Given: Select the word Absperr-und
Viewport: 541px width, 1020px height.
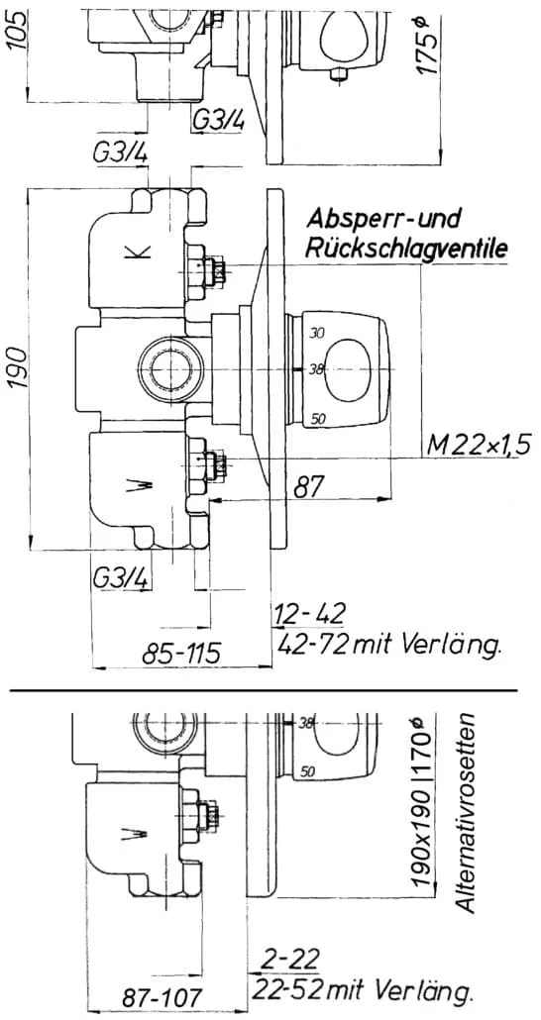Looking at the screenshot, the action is (x=384, y=219).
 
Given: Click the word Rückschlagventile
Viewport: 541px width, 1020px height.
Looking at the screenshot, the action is (x=407, y=249).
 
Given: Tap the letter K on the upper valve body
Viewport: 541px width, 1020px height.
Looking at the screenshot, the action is (x=142, y=252).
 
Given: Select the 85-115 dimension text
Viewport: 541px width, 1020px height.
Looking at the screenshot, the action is (x=182, y=651).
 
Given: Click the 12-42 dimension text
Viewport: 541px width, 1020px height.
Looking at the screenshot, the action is (x=309, y=613).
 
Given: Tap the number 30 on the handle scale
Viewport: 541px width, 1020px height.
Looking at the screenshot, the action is (x=317, y=334).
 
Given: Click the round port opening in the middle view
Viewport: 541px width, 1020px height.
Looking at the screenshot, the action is (x=170, y=368).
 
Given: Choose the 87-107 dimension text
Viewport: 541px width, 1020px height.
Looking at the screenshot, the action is (x=162, y=997).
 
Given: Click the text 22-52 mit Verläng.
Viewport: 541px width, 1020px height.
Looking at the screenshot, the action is (x=362, y=990).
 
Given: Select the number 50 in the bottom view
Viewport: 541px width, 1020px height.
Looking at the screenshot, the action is (x=308, y=772).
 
